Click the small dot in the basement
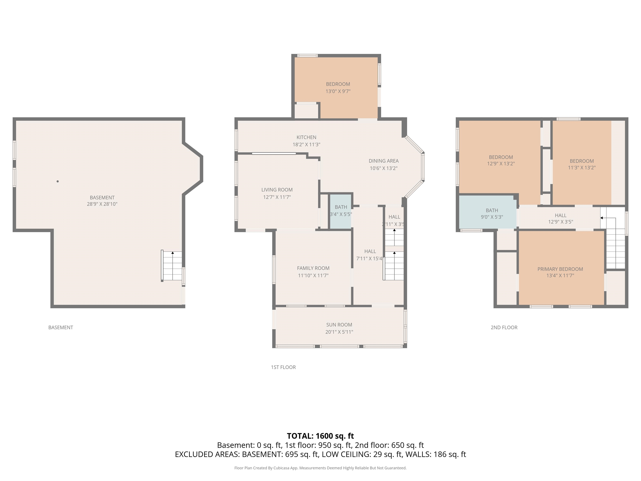[x=58, y=181]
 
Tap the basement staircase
[x=172, y=266]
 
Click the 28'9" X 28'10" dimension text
[x=102, y=204]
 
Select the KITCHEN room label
[x=306, y=137]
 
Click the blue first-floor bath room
[x=341, y=220]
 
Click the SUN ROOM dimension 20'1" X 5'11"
[x=339, y=332]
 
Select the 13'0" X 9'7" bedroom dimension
[x=338, y=91]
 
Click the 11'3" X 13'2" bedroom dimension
[x=582, y=168]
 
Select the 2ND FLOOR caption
[x=504, y=327]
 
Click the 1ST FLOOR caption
[x=283, y=367]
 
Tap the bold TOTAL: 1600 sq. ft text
[x=320, y=436]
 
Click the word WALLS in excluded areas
[x=417, y=454]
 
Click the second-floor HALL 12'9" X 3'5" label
[x=560, y=219]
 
